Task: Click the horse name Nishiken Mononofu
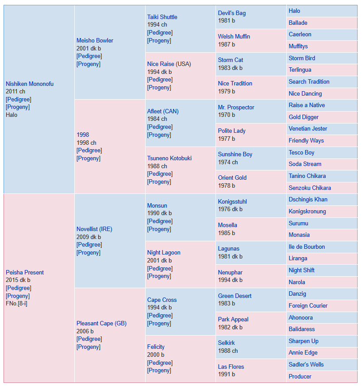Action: click(30, 84)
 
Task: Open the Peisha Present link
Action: click(25, 272)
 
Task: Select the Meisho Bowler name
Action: click(95, 40)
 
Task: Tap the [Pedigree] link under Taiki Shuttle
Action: click(160, 32)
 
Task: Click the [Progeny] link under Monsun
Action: click(159, 229)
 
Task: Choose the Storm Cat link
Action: click(230, 60)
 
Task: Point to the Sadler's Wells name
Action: click(306, 364)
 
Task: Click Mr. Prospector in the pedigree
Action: click(236, 107)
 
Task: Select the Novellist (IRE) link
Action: click(94, 229)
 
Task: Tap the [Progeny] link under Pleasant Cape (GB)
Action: click(89, 347)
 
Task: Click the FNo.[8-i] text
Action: click(16, 303)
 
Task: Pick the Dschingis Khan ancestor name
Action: click(308, 199)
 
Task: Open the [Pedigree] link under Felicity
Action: click(160, 363)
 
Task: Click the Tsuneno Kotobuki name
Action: click(169, 158)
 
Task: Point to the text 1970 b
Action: click(227, 115)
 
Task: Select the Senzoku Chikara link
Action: click(310, 188)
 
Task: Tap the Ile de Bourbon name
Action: click(307, 247)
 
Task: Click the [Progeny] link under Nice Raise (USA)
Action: click(159, 87)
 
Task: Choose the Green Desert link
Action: click(235, 296)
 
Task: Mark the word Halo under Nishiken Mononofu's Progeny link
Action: click(12, 115)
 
